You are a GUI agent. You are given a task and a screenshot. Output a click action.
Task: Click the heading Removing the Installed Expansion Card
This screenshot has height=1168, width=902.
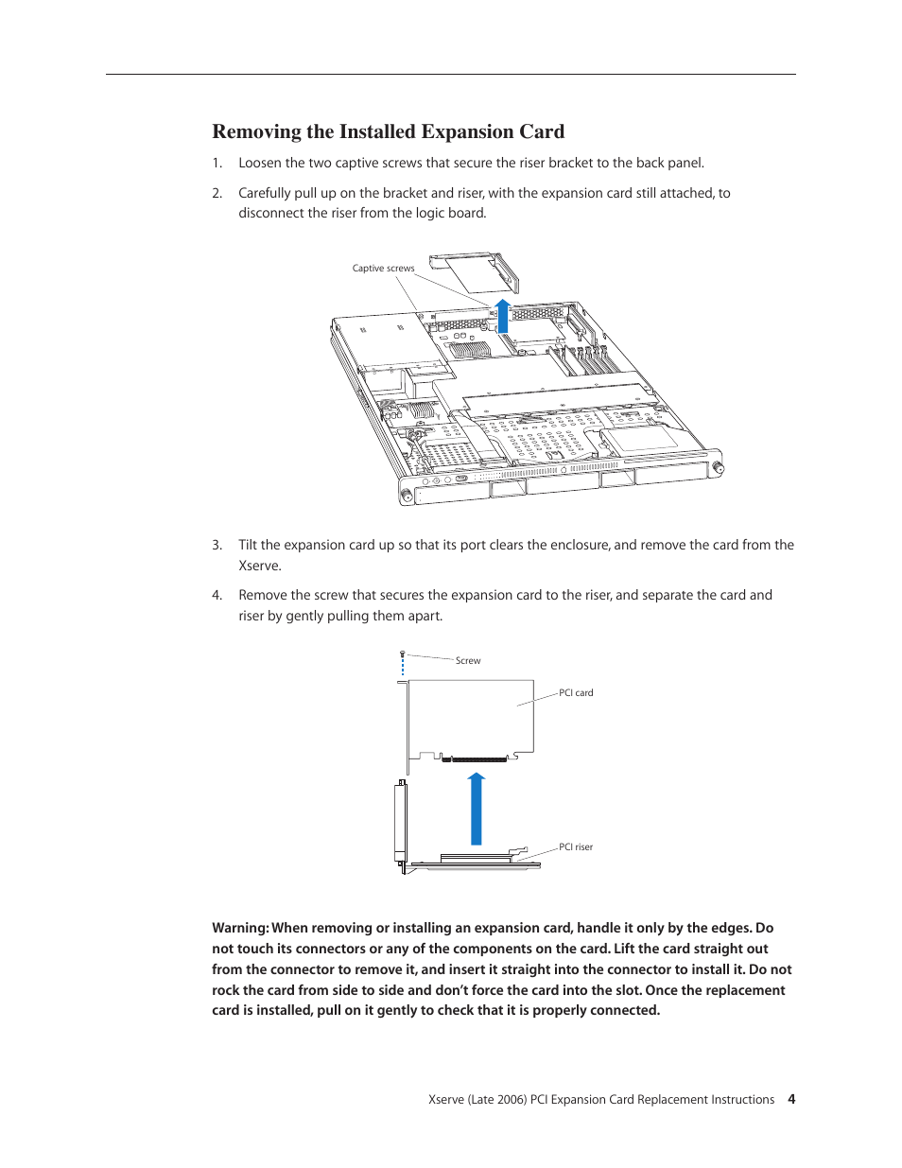click(388, 131)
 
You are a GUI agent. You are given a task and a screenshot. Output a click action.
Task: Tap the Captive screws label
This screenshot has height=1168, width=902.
click(383, 269)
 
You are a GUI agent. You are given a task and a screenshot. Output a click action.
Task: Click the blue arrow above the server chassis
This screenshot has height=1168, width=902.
click(503, 316)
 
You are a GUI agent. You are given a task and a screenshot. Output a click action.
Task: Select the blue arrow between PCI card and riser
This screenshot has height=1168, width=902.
click(477, 809)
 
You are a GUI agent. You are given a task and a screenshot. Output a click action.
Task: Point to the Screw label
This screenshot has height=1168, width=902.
click(468, 661)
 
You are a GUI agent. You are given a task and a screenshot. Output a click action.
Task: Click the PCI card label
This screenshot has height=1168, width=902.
click(576, 693)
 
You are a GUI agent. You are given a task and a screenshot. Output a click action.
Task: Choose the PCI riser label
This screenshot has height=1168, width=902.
click(576, 847)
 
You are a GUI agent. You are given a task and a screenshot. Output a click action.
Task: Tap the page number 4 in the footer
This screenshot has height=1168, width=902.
click(791, 1099)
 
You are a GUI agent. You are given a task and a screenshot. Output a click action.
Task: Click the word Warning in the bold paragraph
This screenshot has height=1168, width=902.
click(239, 928)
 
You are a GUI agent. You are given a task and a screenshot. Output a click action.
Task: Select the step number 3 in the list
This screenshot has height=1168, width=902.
click(217, 545)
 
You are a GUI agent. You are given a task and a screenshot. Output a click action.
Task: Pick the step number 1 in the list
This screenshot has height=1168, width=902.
click(217, 163)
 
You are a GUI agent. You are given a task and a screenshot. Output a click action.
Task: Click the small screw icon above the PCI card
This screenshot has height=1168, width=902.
click(403, 654)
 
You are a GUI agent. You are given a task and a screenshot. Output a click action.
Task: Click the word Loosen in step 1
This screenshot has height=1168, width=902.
click(259, 163)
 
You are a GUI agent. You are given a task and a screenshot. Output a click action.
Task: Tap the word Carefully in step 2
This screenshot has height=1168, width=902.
click(265, 193)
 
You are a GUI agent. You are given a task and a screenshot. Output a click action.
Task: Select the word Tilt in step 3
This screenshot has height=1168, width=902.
click(248, 545)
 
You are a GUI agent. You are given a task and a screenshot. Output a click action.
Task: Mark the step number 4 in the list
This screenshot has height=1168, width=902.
click(217, 595)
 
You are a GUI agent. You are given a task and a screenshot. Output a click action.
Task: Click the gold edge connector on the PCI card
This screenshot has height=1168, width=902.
click(479, 758)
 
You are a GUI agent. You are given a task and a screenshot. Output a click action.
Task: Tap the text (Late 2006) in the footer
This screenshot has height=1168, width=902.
click(496, 1099)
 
